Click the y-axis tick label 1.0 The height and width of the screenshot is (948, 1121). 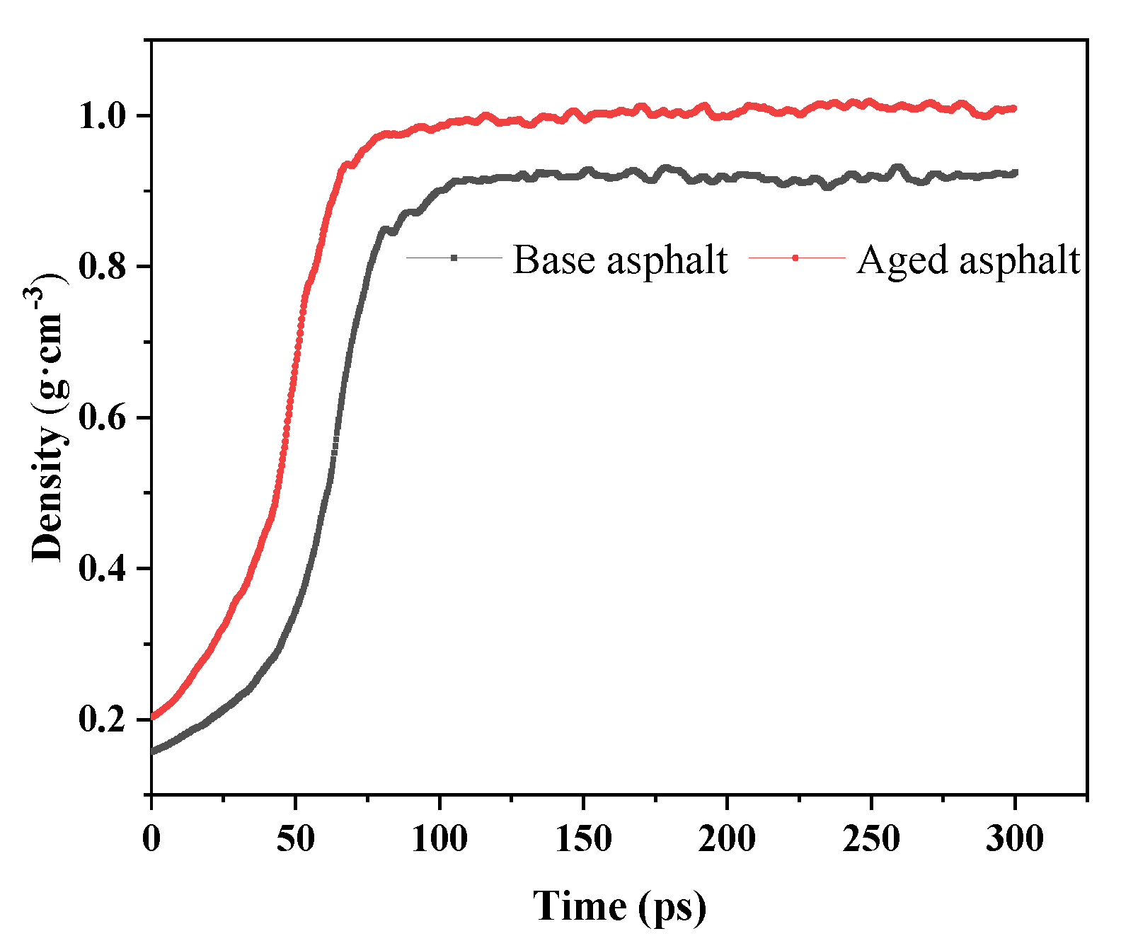click(105, 116)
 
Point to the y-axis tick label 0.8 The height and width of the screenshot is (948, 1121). click(105, 267)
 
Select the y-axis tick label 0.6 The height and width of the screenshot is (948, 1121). click(105, 418)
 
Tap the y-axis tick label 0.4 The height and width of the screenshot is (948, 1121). click(105, 569)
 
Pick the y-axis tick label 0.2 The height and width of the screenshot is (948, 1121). click(105, 719)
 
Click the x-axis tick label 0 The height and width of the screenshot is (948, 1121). click(151, 839)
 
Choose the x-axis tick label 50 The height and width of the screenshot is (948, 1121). click(295, 839)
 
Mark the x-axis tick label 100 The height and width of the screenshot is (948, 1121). click(439, 839)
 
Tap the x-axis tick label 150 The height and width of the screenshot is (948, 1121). click(583, 839)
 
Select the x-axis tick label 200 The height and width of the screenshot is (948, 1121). click(727, 839)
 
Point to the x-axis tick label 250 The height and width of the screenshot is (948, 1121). click(871, 839)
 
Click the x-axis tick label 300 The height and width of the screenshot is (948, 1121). click(1015, 839)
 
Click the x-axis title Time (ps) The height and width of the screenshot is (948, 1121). click(619, 906)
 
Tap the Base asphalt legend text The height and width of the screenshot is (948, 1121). click(620, 260)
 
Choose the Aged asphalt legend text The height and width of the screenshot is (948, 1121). click(968, 260)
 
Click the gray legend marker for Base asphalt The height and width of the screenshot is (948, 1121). click(454, 258)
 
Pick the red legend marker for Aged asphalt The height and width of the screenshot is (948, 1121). click(796, 258)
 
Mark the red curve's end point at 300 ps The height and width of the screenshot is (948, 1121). click(1014, 108)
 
